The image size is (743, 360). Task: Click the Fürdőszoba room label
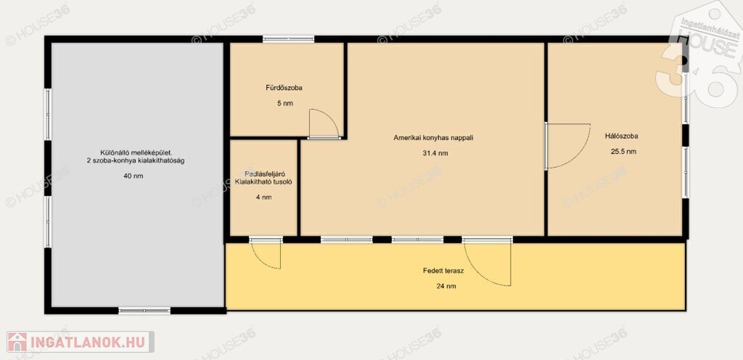tap(284, 88)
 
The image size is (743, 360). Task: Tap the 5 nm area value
tap(284, 103)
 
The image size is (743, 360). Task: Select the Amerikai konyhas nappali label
tap(434, 138)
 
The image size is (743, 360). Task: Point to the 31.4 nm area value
tap(435, 153)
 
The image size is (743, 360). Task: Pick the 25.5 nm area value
tap(623, 152)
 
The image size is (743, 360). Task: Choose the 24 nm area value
tap(446, 286)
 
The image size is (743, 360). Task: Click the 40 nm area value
tap(133, 176)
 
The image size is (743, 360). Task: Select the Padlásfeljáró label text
tap(258, 174)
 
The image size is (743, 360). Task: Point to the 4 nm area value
tap(263, 197)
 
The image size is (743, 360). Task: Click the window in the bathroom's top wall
tap(289, 39)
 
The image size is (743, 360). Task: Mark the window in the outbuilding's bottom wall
tap(144, 311)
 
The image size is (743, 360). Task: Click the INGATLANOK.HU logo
tap(80, 342)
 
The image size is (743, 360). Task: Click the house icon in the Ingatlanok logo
tap(17, 342)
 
